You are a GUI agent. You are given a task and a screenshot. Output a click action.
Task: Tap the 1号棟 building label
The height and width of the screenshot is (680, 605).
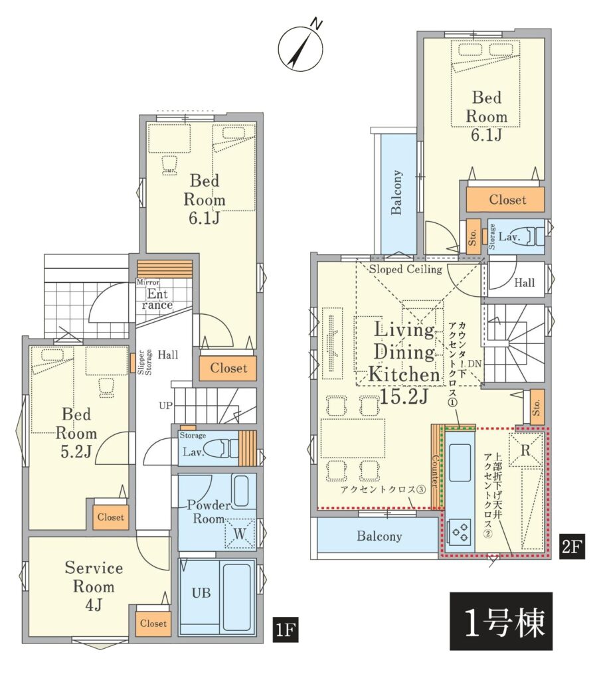coord(501,621)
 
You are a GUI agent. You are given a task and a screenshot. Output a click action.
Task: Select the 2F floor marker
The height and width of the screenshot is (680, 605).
coord(571,546)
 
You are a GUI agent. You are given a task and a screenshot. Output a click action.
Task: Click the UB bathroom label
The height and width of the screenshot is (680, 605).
coord(201,592)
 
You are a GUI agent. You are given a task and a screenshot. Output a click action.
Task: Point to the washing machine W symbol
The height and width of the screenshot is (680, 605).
coord(239,534)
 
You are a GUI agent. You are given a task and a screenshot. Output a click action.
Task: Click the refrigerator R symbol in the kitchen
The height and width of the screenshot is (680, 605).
coord(525,450)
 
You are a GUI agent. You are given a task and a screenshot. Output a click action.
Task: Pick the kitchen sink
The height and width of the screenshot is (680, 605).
coord(460,462)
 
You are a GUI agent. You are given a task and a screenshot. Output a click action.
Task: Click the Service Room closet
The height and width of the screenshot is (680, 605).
coord(153,624)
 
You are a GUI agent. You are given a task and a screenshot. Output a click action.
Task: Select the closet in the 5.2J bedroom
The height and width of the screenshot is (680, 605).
coord(111,517)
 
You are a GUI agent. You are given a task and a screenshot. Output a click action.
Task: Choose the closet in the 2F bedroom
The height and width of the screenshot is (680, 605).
coord(505,199)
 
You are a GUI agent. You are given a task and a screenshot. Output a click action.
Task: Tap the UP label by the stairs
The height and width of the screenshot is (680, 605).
coord(165,406)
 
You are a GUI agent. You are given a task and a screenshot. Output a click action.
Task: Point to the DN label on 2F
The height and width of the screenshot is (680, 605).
coord(474,363)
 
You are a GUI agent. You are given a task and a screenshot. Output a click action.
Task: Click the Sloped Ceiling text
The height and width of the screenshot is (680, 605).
coord(406,270)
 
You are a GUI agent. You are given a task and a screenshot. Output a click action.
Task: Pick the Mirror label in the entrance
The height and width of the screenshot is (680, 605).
coord(148,282)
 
